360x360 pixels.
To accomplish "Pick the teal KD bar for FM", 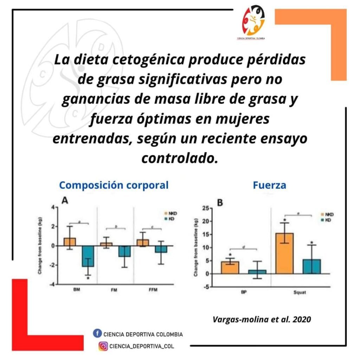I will pos(124,251).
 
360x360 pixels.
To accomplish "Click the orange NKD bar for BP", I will pos(230,268).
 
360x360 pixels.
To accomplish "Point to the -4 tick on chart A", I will pos(52,284).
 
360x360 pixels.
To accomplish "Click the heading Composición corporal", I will pos(114,185).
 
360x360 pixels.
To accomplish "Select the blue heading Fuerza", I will pos(269,185).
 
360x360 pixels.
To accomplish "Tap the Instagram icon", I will pos(103,346).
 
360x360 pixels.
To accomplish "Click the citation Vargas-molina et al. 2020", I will pos(262,320).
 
